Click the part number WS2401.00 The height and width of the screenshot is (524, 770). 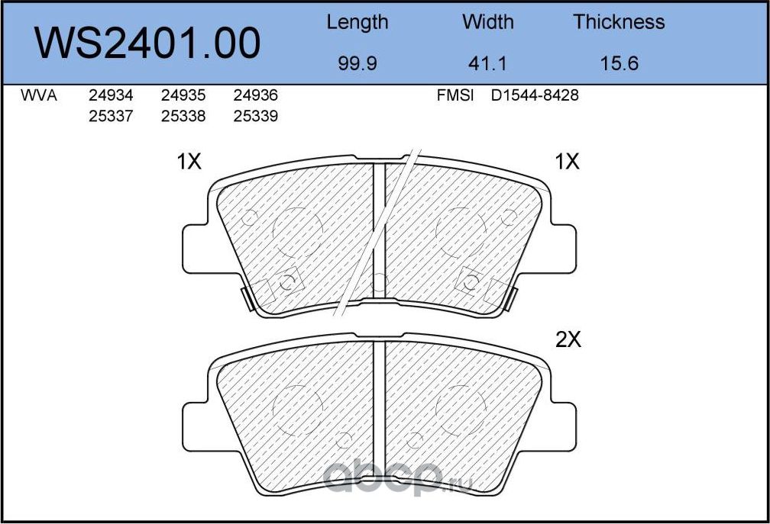tap(148, 43)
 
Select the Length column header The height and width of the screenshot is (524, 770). tap(357, 23)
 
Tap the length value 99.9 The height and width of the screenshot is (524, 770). tap(357, 63)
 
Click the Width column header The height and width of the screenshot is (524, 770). tap(488, 23)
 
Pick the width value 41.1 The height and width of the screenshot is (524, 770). tap(488, 63)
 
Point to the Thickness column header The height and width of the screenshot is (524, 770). tap(619, 23)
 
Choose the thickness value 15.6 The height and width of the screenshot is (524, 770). tap(619, 63)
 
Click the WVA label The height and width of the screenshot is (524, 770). tap(38, 96)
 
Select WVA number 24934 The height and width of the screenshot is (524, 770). tap(111, 96)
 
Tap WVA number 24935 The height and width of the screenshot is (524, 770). tap(183, 96)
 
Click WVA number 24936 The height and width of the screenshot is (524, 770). tap(254, 96)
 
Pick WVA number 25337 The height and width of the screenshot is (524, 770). tap(111, 116)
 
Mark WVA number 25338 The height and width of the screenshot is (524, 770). tap(183, 116)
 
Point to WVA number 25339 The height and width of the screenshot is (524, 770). tap(254, 116)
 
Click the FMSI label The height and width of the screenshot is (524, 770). tap(455, 96)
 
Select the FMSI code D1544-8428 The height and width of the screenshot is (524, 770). tap(535, 96)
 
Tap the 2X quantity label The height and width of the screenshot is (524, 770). tap(568, 340)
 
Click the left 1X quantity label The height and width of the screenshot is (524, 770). tap(189, 162)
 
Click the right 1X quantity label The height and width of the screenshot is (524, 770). tap(568, 162)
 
